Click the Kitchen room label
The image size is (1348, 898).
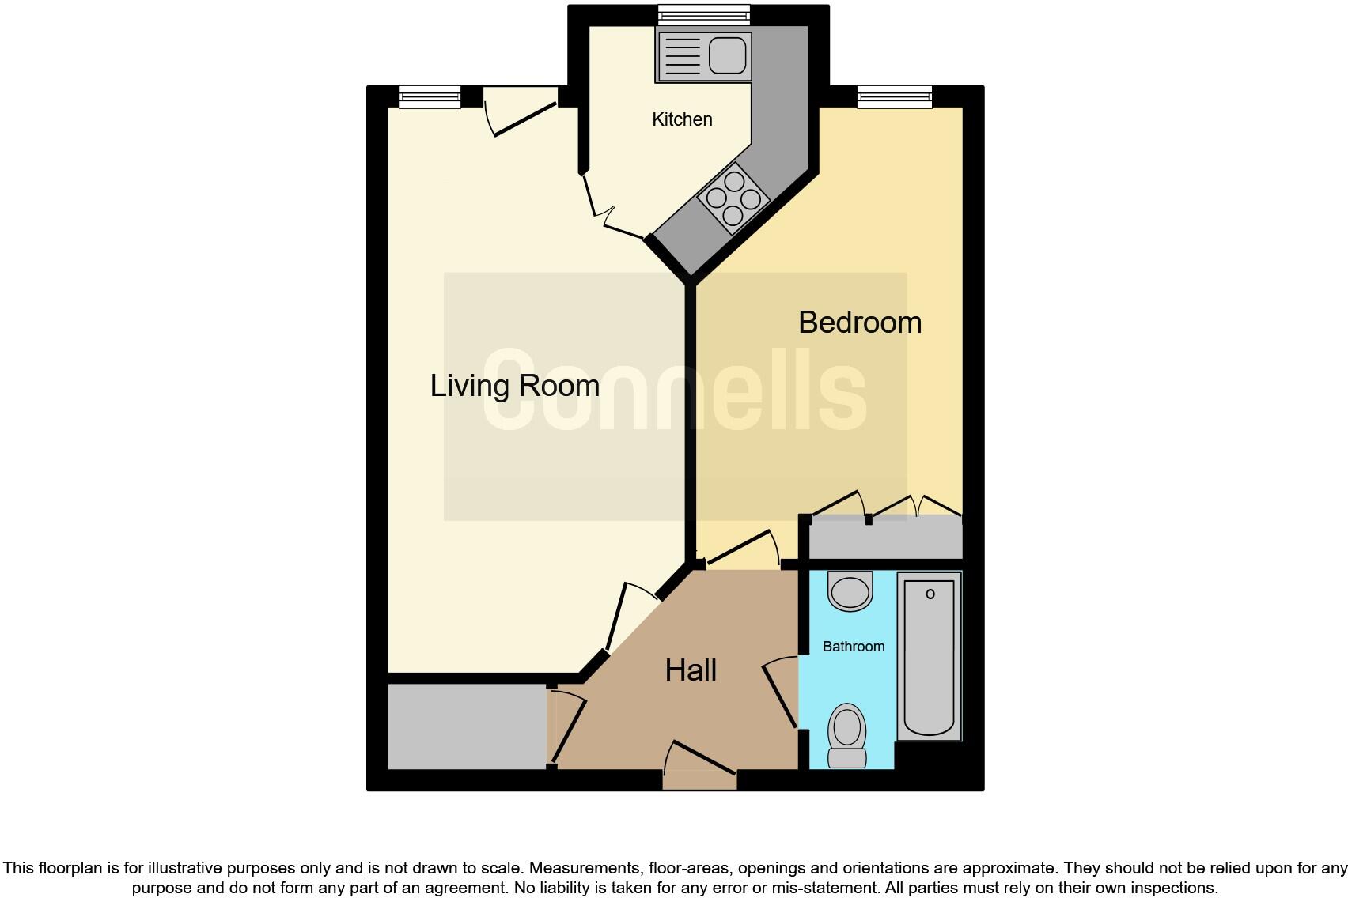point(682,119)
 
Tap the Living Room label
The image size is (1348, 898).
point(514,386)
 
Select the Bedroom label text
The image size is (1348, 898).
point(860,323)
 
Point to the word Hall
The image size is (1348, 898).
point(691,670)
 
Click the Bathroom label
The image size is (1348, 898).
point(854,647)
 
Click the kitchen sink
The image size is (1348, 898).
point(703,55)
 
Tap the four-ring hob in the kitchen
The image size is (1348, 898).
point(733,198)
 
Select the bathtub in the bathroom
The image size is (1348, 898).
point(930,656)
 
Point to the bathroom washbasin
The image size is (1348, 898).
point(850,590)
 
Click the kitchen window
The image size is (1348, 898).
point(704,13)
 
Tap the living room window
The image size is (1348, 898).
point(430,96)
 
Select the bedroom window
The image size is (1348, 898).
point(895,96)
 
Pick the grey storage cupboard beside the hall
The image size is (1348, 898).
point(467,726)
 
